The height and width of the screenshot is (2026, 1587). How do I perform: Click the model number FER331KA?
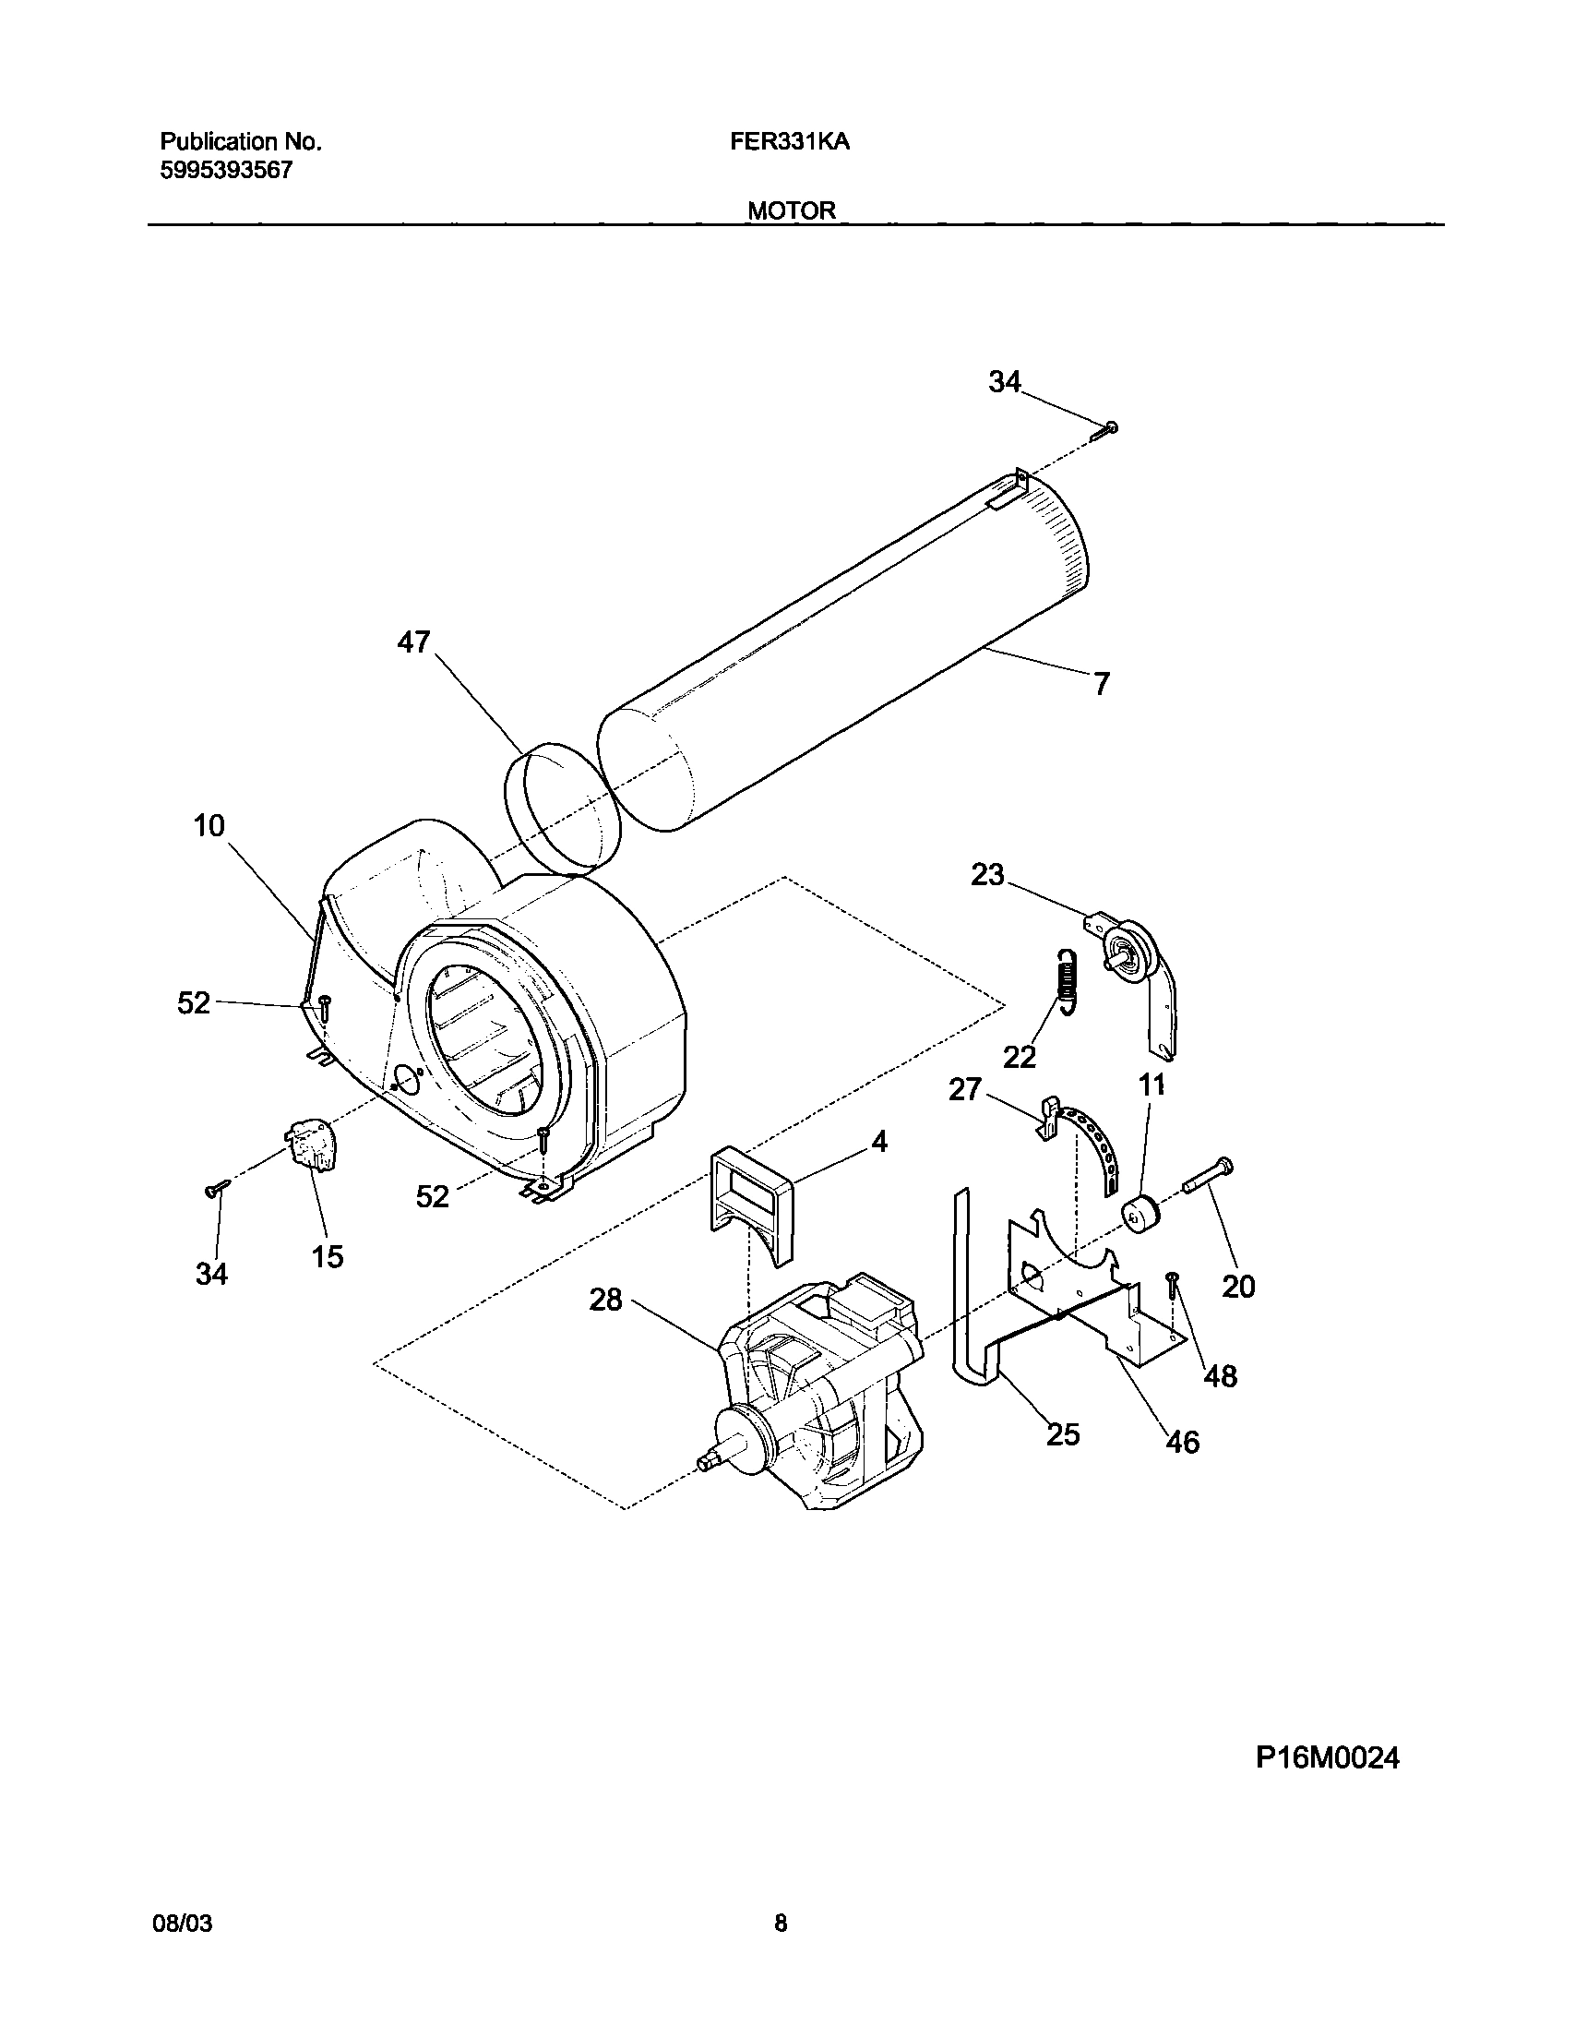790,142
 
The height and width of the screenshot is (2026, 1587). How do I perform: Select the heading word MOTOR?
792,211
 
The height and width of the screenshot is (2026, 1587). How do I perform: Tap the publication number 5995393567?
227,170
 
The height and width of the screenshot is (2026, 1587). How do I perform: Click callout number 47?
414,642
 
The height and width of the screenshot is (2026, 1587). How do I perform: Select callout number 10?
209,825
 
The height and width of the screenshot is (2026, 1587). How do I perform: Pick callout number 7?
1101,685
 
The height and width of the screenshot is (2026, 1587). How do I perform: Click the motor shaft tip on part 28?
706,1465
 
